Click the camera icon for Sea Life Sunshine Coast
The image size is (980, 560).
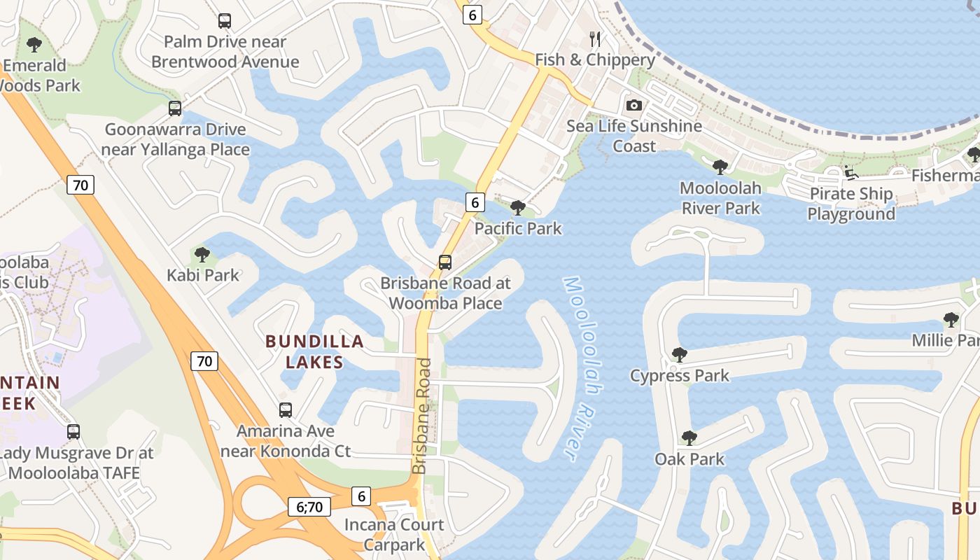click(633, 105)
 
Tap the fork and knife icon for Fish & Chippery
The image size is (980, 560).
click(595, 38)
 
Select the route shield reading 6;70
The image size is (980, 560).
click(309, 507)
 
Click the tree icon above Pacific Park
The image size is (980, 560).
click(518, 207)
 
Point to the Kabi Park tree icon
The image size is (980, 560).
click(202, 254)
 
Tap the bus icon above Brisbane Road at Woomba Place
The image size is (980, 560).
click(445, 262)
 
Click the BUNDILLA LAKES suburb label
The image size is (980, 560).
click(314, 351)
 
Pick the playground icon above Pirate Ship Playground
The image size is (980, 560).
click(851, 172)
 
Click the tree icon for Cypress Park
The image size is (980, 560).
click(679, 354)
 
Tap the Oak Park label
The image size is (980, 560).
click(689, 459)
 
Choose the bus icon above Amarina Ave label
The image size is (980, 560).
click(286, 410)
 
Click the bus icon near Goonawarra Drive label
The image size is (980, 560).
click(175, 108)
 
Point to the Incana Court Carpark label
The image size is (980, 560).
click(394, 534)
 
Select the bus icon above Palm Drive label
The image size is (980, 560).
click(225, 21)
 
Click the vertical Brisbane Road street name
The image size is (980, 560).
click(421, 416)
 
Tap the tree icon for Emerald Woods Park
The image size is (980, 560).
click(34, 45)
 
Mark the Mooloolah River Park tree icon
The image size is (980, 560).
click(720, 167)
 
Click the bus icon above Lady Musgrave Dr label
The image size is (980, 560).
click(73, 432)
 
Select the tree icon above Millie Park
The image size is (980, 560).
click(951, 320)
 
